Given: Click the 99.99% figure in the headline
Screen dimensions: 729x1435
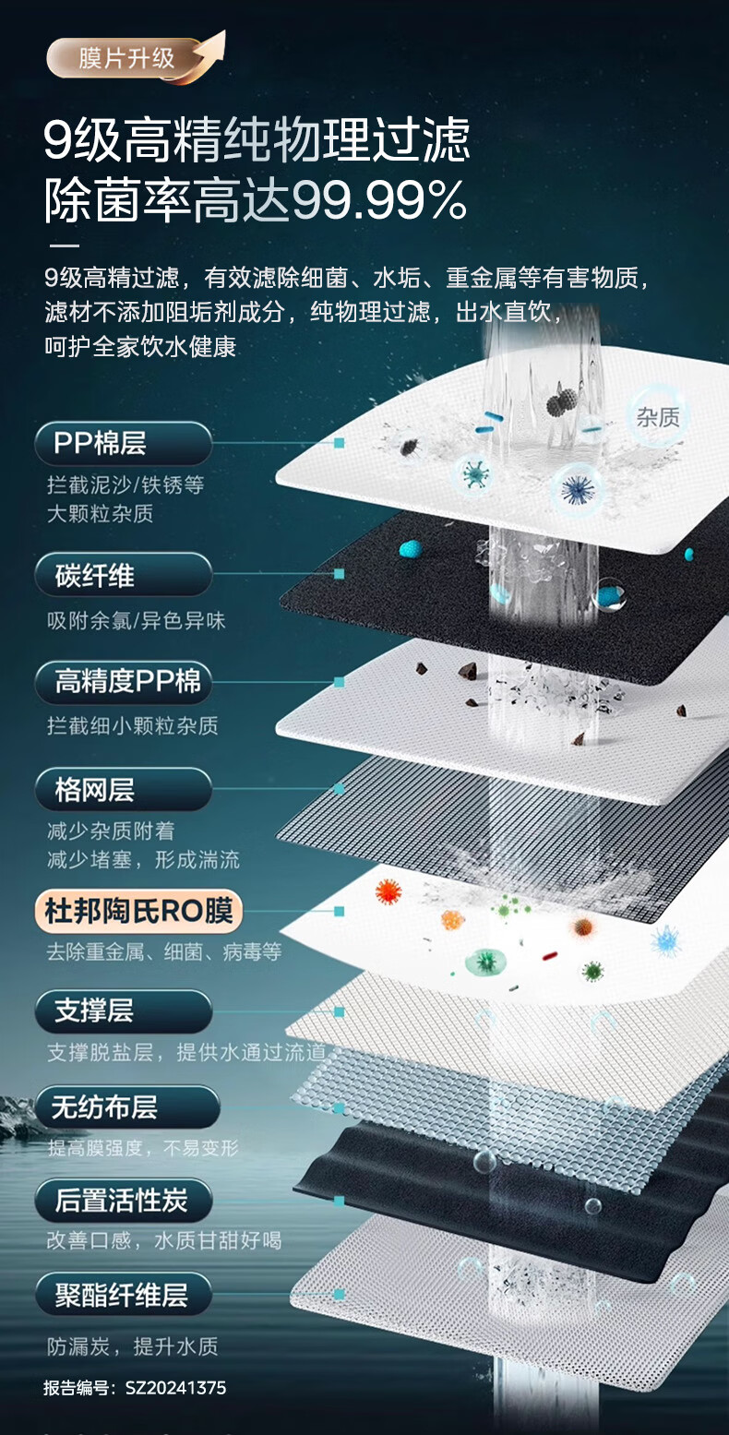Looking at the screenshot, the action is pyautogui.click(x=379, y=200).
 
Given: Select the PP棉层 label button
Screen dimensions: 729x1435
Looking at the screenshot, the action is pyautogui.click(x=123, y=443).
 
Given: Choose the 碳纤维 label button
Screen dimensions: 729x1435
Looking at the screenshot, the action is pyautogui.click(x=123, y=575).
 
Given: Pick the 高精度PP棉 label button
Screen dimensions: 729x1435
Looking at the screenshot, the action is pyautogui.click(x=123, y=682).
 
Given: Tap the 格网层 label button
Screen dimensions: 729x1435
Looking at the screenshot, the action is pyautogui.click(x=123, y=789).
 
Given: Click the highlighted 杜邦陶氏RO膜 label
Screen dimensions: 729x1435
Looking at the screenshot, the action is pyautogui.click(x=138, y=911).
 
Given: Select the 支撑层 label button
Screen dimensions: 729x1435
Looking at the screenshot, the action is pyautogui.click(x=123, y=1010).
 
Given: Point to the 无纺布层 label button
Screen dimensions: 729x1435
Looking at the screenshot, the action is pyautogui.click(x=126, y=1106).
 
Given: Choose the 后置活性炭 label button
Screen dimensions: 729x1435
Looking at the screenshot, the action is pyautogui.click(x=123, y=1201).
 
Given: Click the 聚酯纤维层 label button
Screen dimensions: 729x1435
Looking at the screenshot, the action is pyautogui.click(x=123, y=1295).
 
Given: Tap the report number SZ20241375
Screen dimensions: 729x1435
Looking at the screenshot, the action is pyautogui.click(x=175, y=1388).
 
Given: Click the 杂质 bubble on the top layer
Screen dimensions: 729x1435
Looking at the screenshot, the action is pyautogui.click(x=657, y=417).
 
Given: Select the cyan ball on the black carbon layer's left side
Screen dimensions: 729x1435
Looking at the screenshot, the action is pyautogui.click(x=411, y=549).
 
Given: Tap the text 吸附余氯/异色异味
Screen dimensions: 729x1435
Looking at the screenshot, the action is pyautogui.click(x=136, y=620).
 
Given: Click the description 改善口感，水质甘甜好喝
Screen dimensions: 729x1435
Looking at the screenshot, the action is pyautogui.click(x=164, y=1241).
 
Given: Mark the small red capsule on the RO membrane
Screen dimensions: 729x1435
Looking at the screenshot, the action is pyautogui.click(x=549, y=956).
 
